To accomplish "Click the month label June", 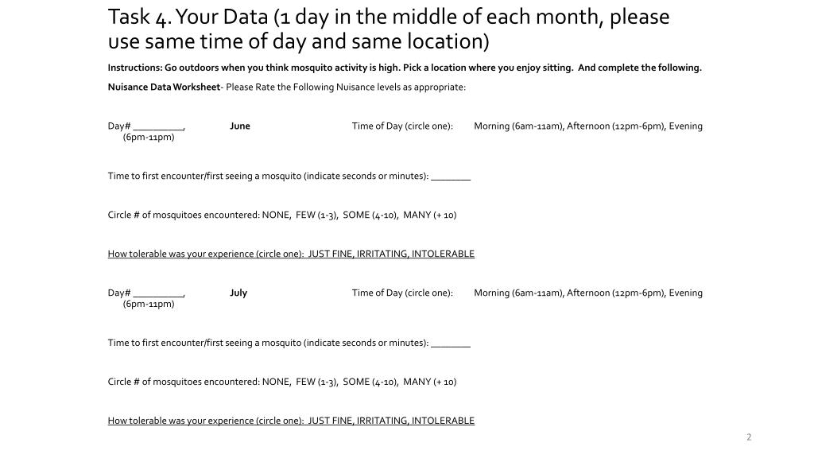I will (x=239, y=126).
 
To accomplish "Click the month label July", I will (x=238, y=293).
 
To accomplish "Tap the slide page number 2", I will (x=749, y=437).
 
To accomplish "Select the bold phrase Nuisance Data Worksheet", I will (x=164, y=87).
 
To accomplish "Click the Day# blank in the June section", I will (x=158, y=126).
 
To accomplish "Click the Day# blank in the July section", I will (x=158, y=293).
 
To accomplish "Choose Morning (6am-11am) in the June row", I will (x=518, y=126).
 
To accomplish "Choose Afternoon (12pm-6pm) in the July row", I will (x=615, y=293).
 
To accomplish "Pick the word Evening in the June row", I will (x=685, y=126).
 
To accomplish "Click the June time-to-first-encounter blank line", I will (x=451, y=177).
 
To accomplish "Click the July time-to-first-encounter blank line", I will (x=451, y=343).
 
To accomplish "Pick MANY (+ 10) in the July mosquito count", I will (x=429, y=382).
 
